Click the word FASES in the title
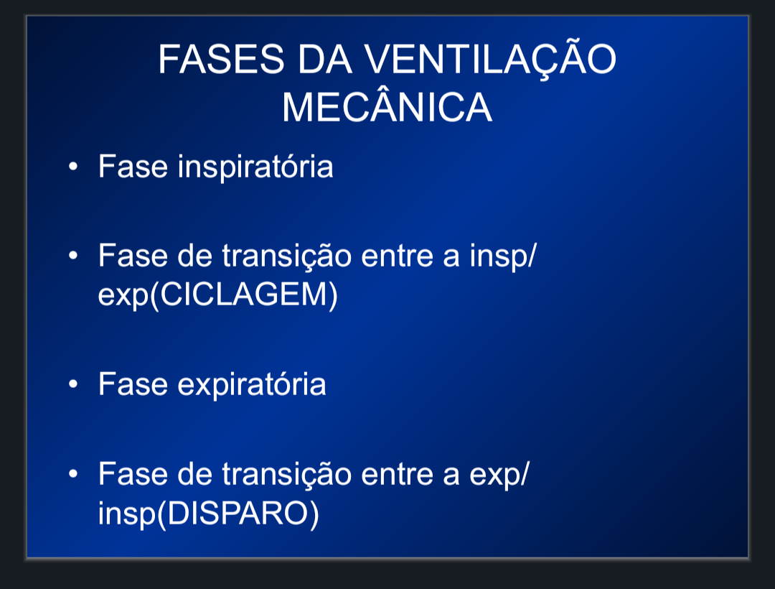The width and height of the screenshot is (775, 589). (x=222, y=60)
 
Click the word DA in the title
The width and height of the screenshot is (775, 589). (x=324, y=60)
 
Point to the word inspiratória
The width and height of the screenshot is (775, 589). (x=255, y=167)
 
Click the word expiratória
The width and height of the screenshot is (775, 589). (x=252, y=385)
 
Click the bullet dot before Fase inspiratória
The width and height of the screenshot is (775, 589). (x=73, y=167)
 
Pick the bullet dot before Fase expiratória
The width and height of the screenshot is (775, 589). (x=73, y=384)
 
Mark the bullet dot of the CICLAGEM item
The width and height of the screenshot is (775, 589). (x=73, y=256)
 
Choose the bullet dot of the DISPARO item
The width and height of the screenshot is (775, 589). (x=73, y=474)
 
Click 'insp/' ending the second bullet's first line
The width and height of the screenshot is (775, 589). (x=502, y=257)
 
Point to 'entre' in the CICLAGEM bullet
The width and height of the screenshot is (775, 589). (x=398, y=257)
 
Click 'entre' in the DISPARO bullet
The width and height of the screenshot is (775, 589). (x=398, y=476)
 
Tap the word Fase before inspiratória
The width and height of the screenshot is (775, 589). (x=133, y=166)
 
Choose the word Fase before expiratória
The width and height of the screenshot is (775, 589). (x=133, y=384)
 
